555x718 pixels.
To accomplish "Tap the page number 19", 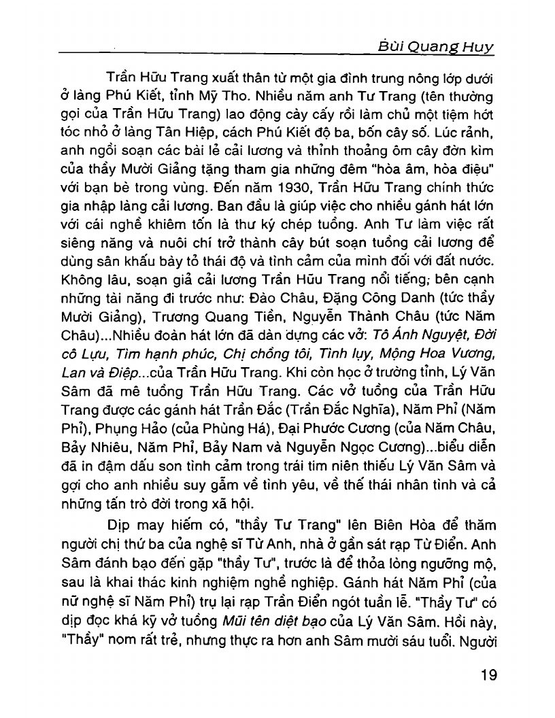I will click(x=484, y=676).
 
